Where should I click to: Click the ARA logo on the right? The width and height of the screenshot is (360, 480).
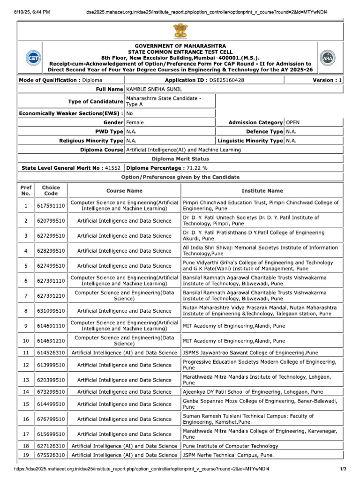click(327, 58)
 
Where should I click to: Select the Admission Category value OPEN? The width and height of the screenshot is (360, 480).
click(292, 122)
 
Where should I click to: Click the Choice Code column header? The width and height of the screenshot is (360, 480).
click(51, 190)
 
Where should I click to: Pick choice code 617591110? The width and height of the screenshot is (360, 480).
click(51, 206)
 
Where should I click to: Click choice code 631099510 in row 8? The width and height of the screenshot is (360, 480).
click(51, 311)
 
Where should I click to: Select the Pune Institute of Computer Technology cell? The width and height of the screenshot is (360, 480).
click(230, 446)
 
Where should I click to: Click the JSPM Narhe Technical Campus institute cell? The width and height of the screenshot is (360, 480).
click(228, 455)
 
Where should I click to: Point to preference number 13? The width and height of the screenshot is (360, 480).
click(26, 380)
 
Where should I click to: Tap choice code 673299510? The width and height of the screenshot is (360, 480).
click(51, 392)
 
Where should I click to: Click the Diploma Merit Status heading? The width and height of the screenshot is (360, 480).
click(180, 159)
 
